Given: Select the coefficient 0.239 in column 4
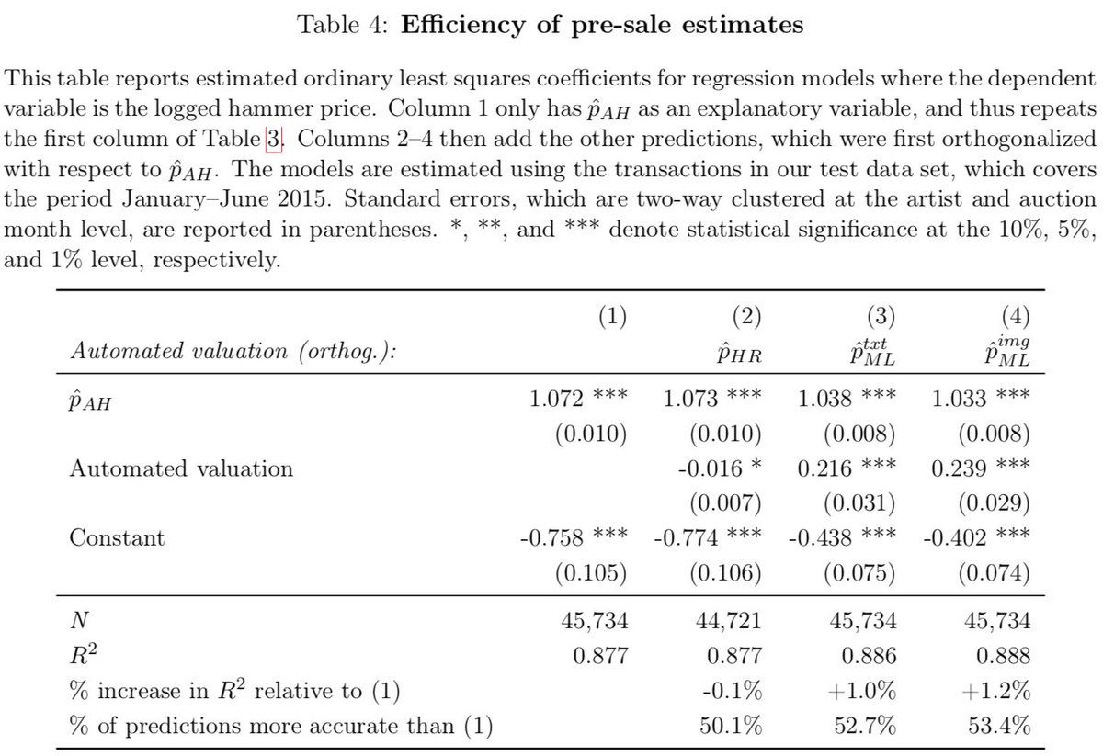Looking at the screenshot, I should coord(955,468).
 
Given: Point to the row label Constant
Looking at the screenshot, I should coord(117,537).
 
